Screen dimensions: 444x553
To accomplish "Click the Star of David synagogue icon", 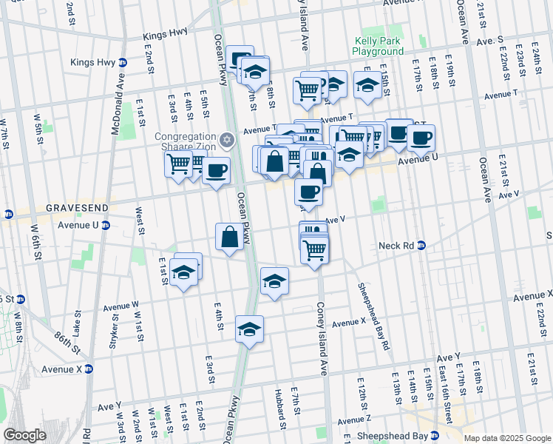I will pos(227,138).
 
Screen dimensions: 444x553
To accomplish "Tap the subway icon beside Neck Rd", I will pos(421,245).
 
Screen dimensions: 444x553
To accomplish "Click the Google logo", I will pos(24,435).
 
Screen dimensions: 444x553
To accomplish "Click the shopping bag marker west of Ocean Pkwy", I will pos(229,238).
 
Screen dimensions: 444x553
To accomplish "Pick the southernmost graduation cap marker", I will pos(250,329).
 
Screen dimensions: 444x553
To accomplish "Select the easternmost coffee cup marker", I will pos(421,137).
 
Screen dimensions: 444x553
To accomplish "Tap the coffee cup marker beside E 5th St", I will pos(216,171).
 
